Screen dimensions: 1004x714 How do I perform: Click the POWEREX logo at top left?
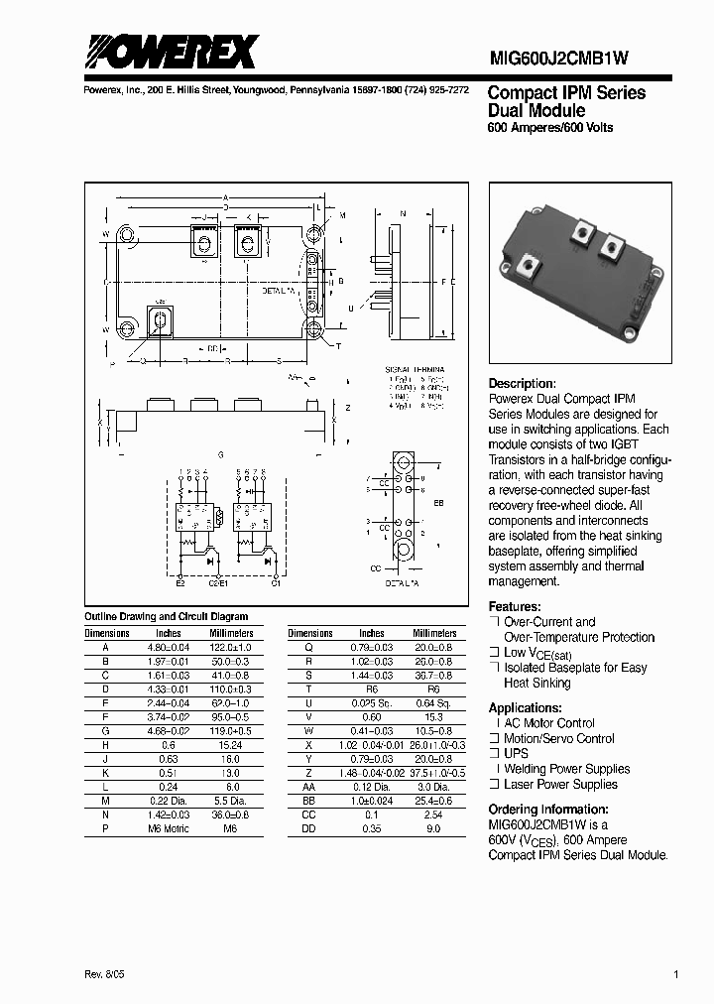(x=170, y=51)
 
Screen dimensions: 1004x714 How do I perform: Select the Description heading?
(x=522, y=384)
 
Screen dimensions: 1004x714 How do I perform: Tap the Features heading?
(x=515, y=606)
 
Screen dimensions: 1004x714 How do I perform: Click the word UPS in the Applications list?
(x=517, y=753)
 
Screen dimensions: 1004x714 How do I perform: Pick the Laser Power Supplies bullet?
(x=559, y=784)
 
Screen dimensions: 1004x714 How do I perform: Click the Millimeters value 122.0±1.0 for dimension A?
(x=231, y=647)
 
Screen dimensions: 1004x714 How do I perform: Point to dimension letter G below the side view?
(x=220, y=454)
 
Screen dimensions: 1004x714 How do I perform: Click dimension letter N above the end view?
(x=402, y=213)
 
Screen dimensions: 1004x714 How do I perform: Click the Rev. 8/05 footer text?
(x=107, y=975)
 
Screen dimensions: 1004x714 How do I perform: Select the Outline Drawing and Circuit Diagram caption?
(x=166, y=616)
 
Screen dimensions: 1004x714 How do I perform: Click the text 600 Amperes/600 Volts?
(x=549, y=128)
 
